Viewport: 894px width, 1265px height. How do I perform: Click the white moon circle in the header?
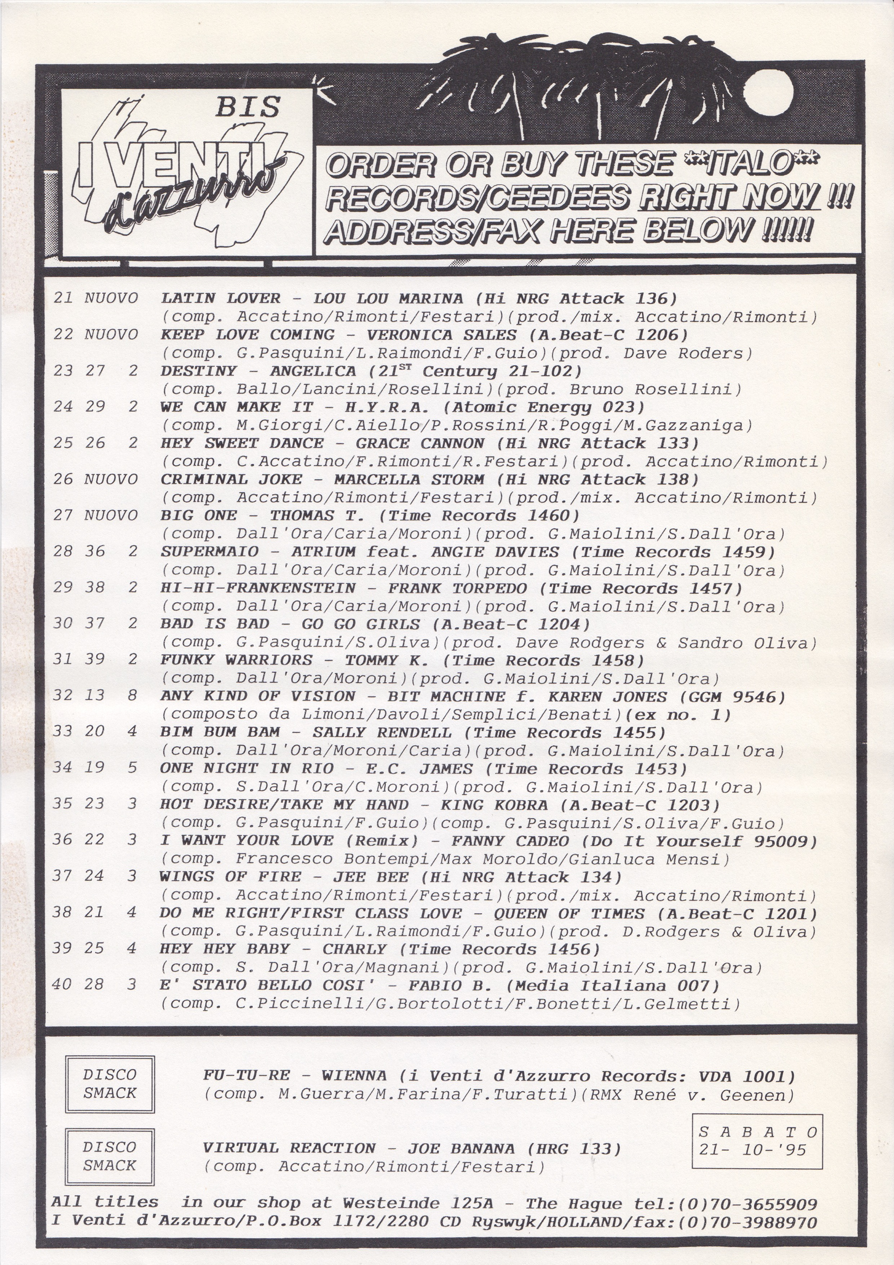point(770,93)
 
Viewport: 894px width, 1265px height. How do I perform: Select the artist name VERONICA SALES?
point(441,335)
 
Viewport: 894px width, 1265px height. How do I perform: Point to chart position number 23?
point(63,371)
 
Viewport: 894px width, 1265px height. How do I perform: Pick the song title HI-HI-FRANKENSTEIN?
point(258,588)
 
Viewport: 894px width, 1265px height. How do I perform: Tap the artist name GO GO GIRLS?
point(360,625)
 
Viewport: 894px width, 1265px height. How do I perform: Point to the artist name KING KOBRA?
point(494,805)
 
